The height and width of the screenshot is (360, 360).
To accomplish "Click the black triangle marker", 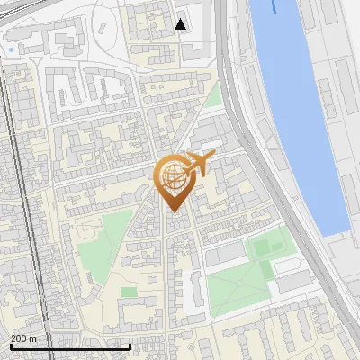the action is (181, 24).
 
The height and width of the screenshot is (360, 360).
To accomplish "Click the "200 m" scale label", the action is (24, 337).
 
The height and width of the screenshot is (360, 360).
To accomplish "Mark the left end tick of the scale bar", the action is (11, 346).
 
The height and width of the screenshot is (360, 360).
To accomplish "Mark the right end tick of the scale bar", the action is (130, 346).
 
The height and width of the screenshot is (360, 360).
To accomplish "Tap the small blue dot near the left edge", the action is (11, 49).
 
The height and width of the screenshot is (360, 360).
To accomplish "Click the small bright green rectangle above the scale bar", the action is (129, 292).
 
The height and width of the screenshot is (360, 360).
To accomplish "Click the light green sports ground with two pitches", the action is (267, 247).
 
